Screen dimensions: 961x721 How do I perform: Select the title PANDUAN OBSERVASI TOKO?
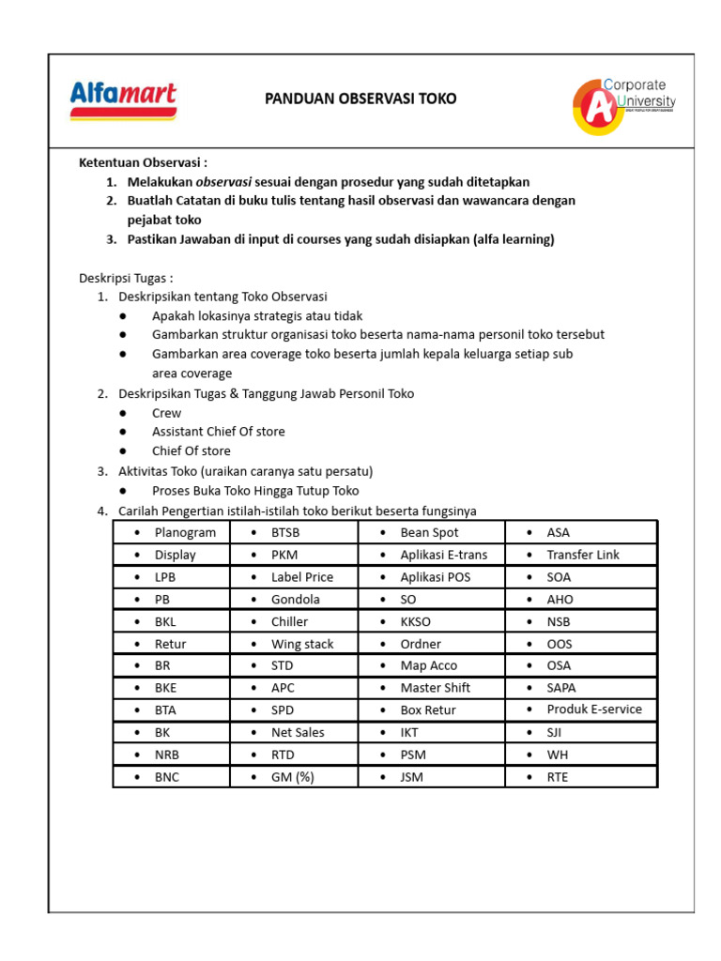[360, 99]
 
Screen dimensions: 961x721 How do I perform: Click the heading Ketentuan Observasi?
[142, 162]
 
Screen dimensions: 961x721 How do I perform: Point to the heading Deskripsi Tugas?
[126, 278]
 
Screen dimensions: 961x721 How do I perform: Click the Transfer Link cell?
[583, 555]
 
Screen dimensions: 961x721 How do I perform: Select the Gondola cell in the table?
[295, 599]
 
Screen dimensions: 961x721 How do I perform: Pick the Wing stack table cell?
[302, 644]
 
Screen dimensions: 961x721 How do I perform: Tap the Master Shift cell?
[435, 688]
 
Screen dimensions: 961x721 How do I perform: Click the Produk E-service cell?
[594, 709]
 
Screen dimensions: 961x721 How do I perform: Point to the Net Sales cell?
[298, 732]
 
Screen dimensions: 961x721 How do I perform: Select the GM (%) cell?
[292, 777]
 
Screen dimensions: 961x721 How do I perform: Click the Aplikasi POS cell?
[435, 577]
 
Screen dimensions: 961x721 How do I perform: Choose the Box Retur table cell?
[427, 710]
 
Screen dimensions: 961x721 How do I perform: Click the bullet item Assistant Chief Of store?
[218, 432]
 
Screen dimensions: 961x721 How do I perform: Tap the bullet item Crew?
[166, 413]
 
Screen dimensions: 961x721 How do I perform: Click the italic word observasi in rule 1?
[223, 182]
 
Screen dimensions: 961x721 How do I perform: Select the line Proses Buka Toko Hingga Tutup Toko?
[255, 491]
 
